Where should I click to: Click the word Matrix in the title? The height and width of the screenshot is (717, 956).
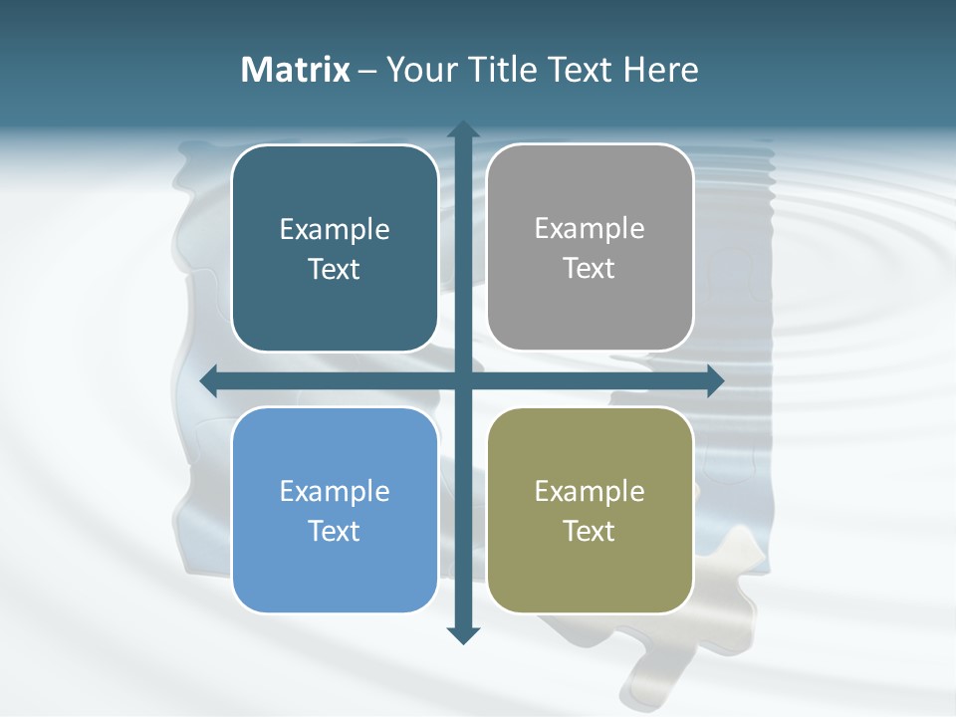point(295,70)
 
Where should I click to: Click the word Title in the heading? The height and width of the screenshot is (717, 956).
point(504,70)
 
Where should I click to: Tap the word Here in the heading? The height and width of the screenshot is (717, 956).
point(660,70)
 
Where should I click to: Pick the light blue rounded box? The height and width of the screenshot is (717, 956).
point(335,568)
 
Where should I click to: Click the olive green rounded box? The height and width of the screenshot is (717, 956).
point(590,568)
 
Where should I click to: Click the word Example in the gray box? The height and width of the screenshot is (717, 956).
point(590,228)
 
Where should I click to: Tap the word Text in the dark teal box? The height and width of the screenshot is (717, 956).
point(335,269)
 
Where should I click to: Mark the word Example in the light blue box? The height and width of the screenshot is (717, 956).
point(335,491)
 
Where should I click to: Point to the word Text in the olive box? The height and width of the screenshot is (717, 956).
point(590,531)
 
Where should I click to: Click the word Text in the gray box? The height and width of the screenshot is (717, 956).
point(590,268)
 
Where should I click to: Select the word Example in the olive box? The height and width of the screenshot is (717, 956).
point(590,491)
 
